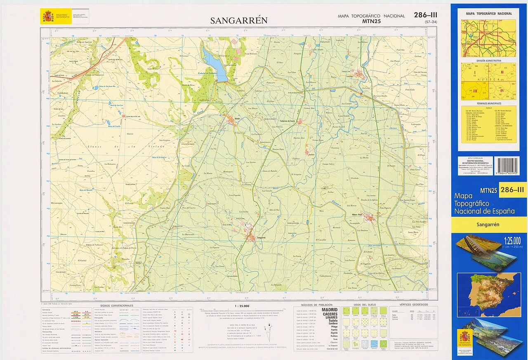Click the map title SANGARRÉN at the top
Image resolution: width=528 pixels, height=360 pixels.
click(239, 20)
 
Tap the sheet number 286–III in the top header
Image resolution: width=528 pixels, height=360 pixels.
click(425, 15)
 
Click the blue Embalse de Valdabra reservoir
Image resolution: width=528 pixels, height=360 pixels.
click(215, 66)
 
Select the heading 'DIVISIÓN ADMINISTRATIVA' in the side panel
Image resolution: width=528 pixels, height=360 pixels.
click(489, 61)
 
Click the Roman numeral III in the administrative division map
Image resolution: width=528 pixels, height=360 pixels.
click(475, 91)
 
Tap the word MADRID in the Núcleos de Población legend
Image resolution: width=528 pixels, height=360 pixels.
click(330, 310)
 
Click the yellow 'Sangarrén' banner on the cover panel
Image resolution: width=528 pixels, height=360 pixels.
click(489, 225)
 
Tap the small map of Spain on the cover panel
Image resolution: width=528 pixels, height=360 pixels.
click(489, 292)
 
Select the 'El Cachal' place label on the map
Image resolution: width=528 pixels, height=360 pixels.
click(82, 261)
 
